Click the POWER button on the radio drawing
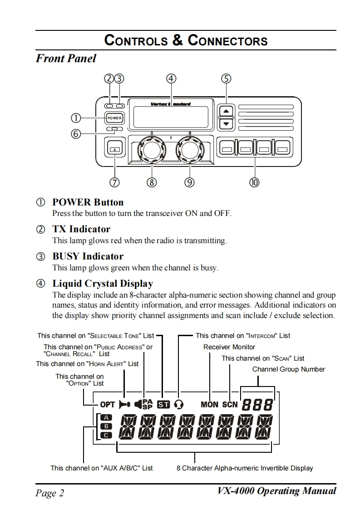tap(114, 118)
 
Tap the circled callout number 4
tap(171, 78)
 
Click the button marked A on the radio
tap(115, 149)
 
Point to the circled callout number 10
tap(254, 182)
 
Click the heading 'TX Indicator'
tap(81, 229)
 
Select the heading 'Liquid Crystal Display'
tap(103, 284)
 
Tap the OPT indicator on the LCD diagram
tap(108, 404)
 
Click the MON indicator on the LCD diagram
tap(209, 404)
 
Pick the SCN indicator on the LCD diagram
tap(230, 404)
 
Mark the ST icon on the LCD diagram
tap(163, 404)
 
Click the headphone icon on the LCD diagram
tap(179, 404)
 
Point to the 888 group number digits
tap(257, 404)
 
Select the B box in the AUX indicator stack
tap(105, 426)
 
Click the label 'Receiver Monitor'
tap(229, 347)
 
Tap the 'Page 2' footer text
tap(50, 493)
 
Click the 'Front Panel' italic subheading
tap(66, 59)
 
